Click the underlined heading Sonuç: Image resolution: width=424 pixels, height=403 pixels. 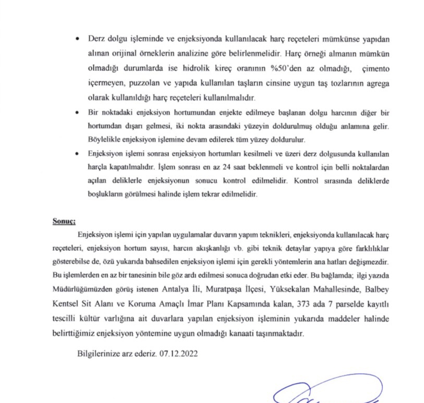point(64,221)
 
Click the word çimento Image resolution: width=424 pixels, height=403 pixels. point(368,69)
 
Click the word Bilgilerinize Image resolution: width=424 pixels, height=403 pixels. point(98,353)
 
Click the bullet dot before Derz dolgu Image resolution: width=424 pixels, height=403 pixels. point(77,40)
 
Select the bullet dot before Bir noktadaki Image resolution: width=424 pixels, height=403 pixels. point(77,113)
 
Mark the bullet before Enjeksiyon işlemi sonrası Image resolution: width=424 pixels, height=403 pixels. point(77,155)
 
